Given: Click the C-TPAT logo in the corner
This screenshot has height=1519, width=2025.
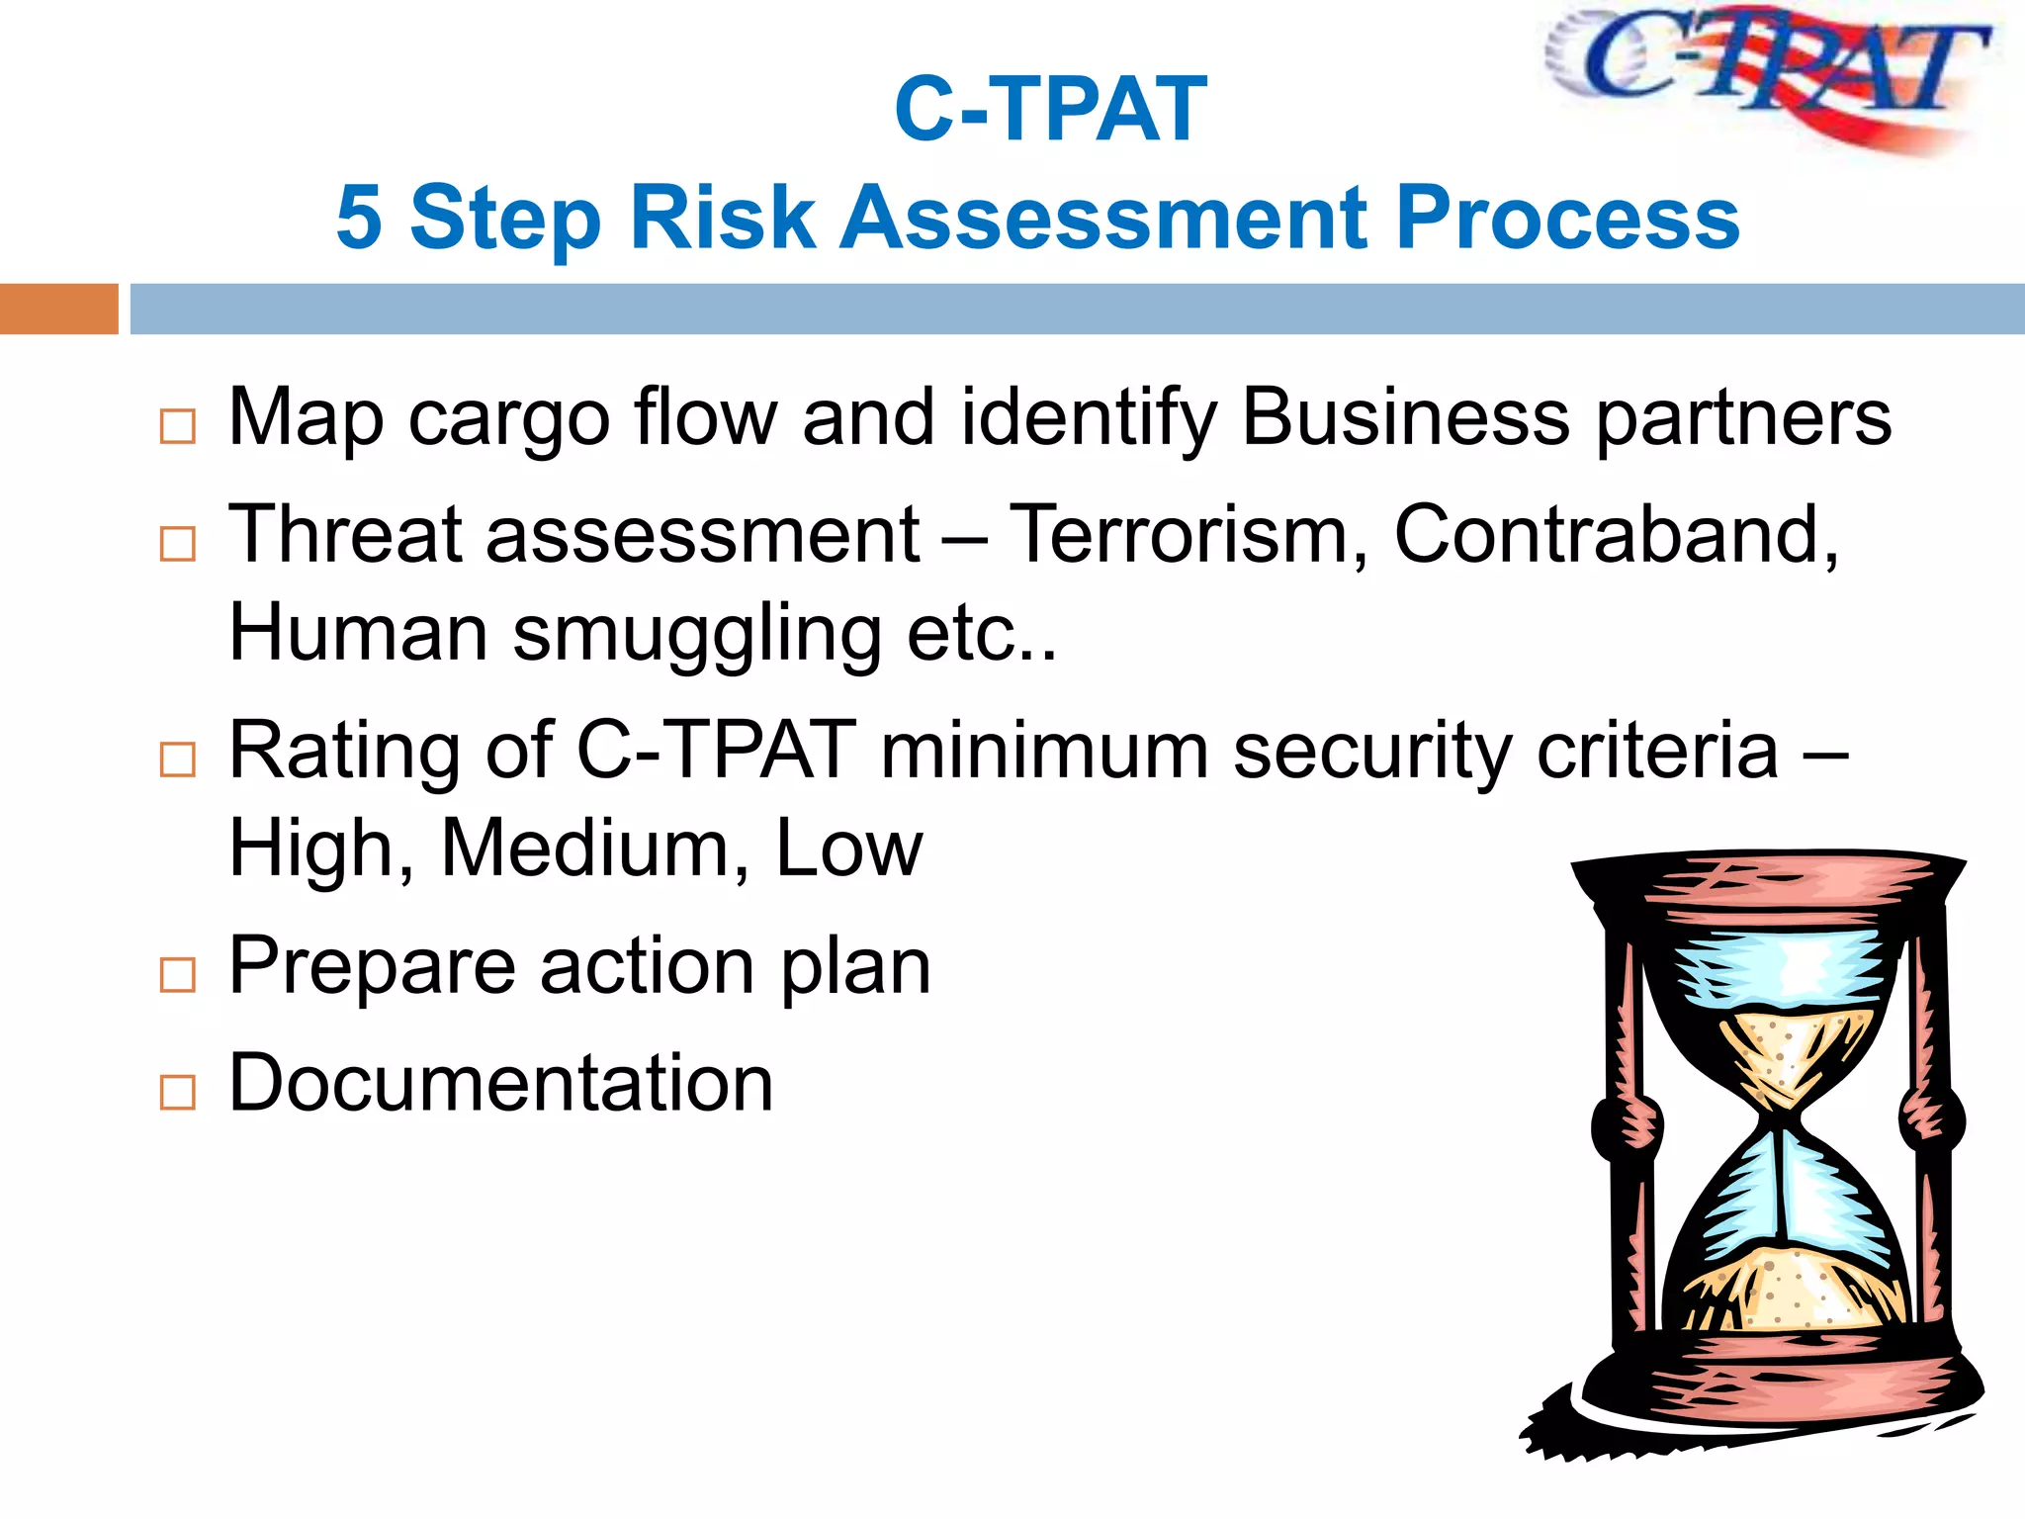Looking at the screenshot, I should [1770, 74].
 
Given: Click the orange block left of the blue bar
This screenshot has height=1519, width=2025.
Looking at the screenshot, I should [58, 309].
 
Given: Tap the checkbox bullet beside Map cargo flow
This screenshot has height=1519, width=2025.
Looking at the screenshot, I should [178, 427].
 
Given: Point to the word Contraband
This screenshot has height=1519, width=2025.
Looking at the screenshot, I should [1615, 535].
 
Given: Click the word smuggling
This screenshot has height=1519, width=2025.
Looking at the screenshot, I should [696, 634].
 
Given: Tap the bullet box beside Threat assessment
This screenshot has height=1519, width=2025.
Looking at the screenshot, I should [178, 544].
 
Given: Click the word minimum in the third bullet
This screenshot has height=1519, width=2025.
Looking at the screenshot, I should [1044, 751].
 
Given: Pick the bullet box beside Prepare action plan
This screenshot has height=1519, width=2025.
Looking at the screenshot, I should [178, 975].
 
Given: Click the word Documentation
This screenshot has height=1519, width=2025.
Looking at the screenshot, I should [500, 1083].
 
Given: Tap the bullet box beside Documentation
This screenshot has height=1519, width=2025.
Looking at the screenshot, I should [178, 1093].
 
